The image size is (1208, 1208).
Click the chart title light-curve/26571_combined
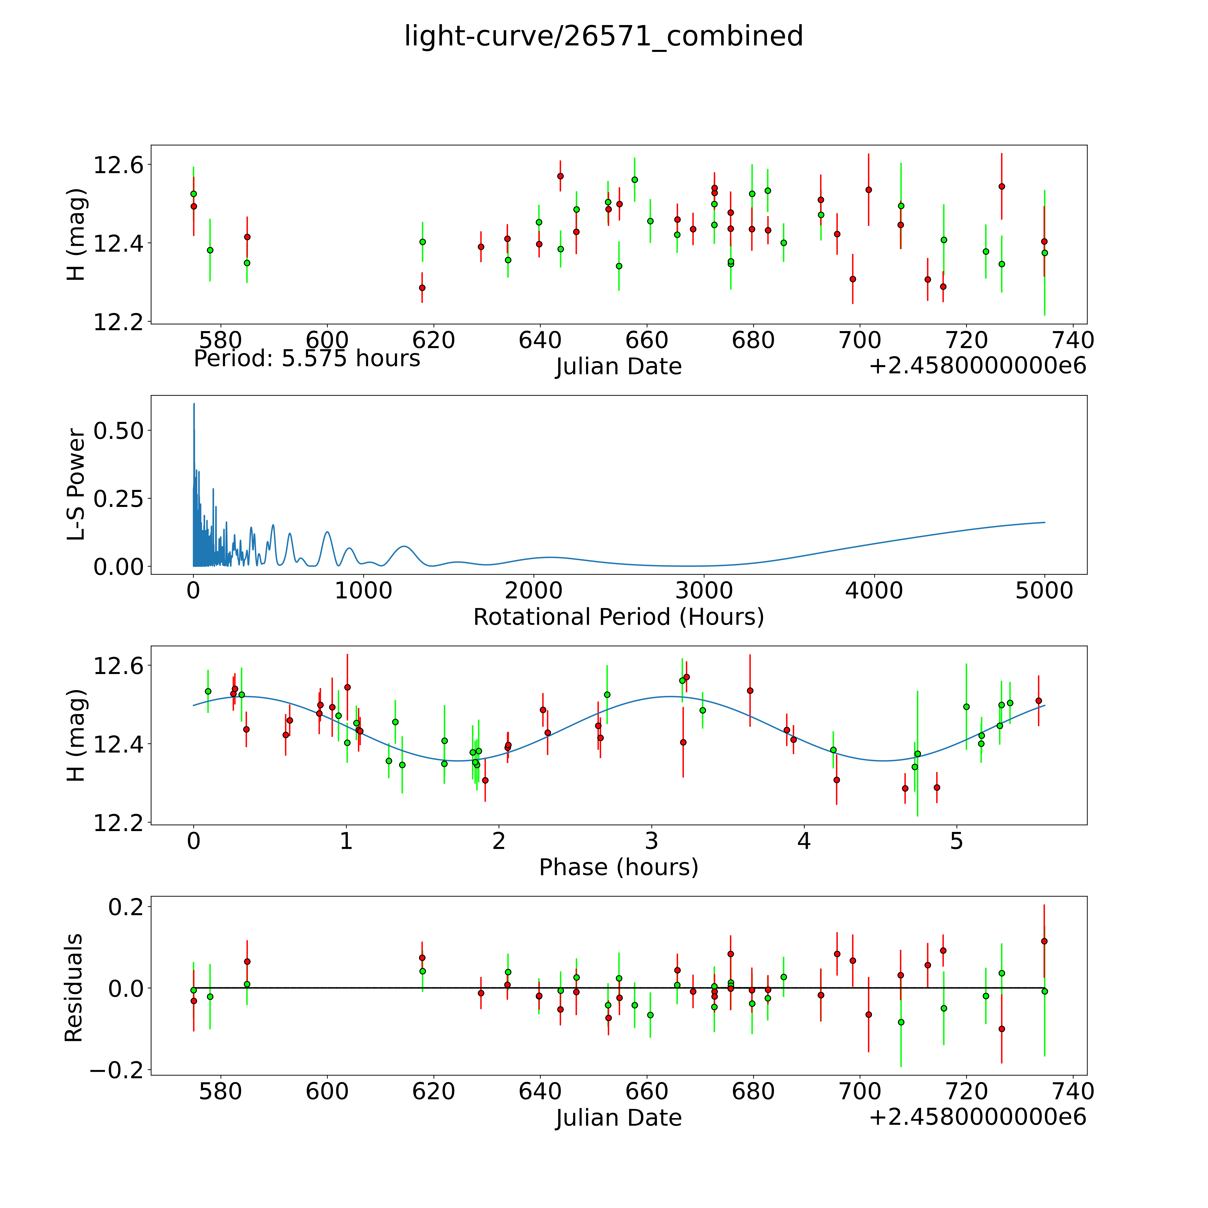coord(603,36)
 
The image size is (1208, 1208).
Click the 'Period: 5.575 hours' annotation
coord(307,359)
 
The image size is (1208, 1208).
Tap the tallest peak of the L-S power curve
coord(194,404)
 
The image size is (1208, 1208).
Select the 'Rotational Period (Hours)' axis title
coord(618,617)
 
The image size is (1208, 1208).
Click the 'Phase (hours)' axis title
coord(618,867)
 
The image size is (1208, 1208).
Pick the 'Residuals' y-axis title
coord(74,988)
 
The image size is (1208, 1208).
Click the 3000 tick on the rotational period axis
coord(704,591)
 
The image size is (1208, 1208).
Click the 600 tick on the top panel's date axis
coord(327,341)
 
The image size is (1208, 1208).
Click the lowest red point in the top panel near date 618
coord(422,288)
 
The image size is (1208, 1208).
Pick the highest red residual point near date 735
coord(1044,941)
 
